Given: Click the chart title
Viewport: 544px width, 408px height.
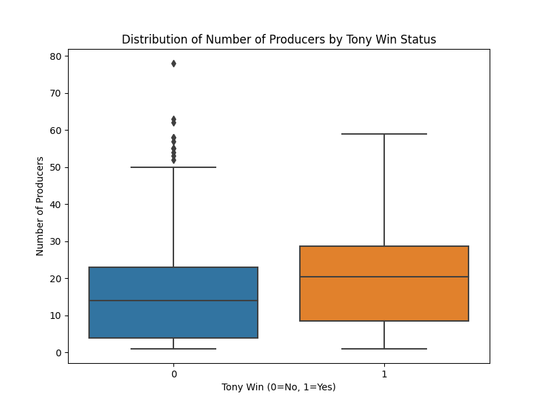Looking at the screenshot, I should click(x=279, y=39).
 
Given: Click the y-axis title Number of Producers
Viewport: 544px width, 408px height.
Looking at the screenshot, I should click(x=40, y=206).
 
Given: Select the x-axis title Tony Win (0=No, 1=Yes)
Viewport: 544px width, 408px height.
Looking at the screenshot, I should click(x=279, y=387).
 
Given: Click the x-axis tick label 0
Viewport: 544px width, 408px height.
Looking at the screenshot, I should click(x=173, y=374).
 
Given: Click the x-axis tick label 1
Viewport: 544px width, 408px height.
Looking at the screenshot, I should click(x=384, y=374).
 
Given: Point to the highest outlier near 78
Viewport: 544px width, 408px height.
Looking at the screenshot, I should click(x=173, y=63).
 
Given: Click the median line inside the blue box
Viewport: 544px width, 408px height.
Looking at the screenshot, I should click(x=173, y=301).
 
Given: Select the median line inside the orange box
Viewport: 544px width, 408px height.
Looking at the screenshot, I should click(x=384, y=277).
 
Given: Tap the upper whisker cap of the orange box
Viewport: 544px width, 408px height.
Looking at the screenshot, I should click(x=384, y=134).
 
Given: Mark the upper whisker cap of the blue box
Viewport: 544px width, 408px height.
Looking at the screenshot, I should click(x=173, y=167).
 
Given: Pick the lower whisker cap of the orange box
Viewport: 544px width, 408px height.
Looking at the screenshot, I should click(x=384, y=349).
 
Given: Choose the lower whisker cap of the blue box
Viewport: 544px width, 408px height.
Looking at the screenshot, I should click(x=173, y=349).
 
